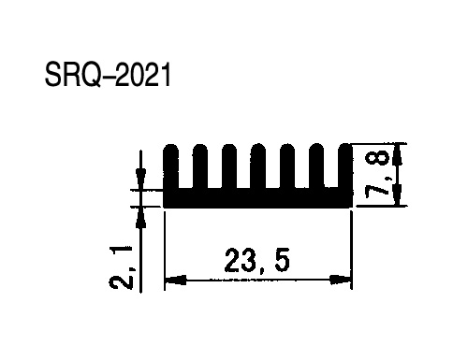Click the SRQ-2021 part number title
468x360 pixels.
108,75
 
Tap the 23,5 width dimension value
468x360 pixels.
256,260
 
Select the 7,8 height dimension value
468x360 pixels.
376,176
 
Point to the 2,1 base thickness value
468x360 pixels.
122,267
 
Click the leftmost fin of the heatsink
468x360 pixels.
171,166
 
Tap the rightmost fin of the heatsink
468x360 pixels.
345,166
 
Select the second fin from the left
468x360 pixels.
200,166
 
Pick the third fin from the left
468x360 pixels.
229,166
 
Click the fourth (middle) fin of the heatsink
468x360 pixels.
258,166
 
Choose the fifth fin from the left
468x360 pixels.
287,166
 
